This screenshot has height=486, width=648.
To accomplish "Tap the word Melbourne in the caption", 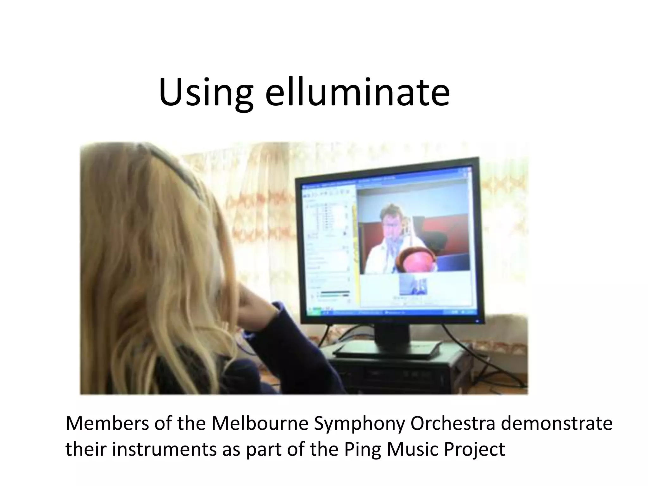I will (x=259, y=424).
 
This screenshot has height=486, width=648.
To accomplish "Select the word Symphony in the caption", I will (x=359, y=424).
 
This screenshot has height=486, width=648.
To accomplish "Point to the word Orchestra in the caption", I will (x=452, y=424).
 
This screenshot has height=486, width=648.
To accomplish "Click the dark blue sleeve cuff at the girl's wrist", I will (x=278, y=312).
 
